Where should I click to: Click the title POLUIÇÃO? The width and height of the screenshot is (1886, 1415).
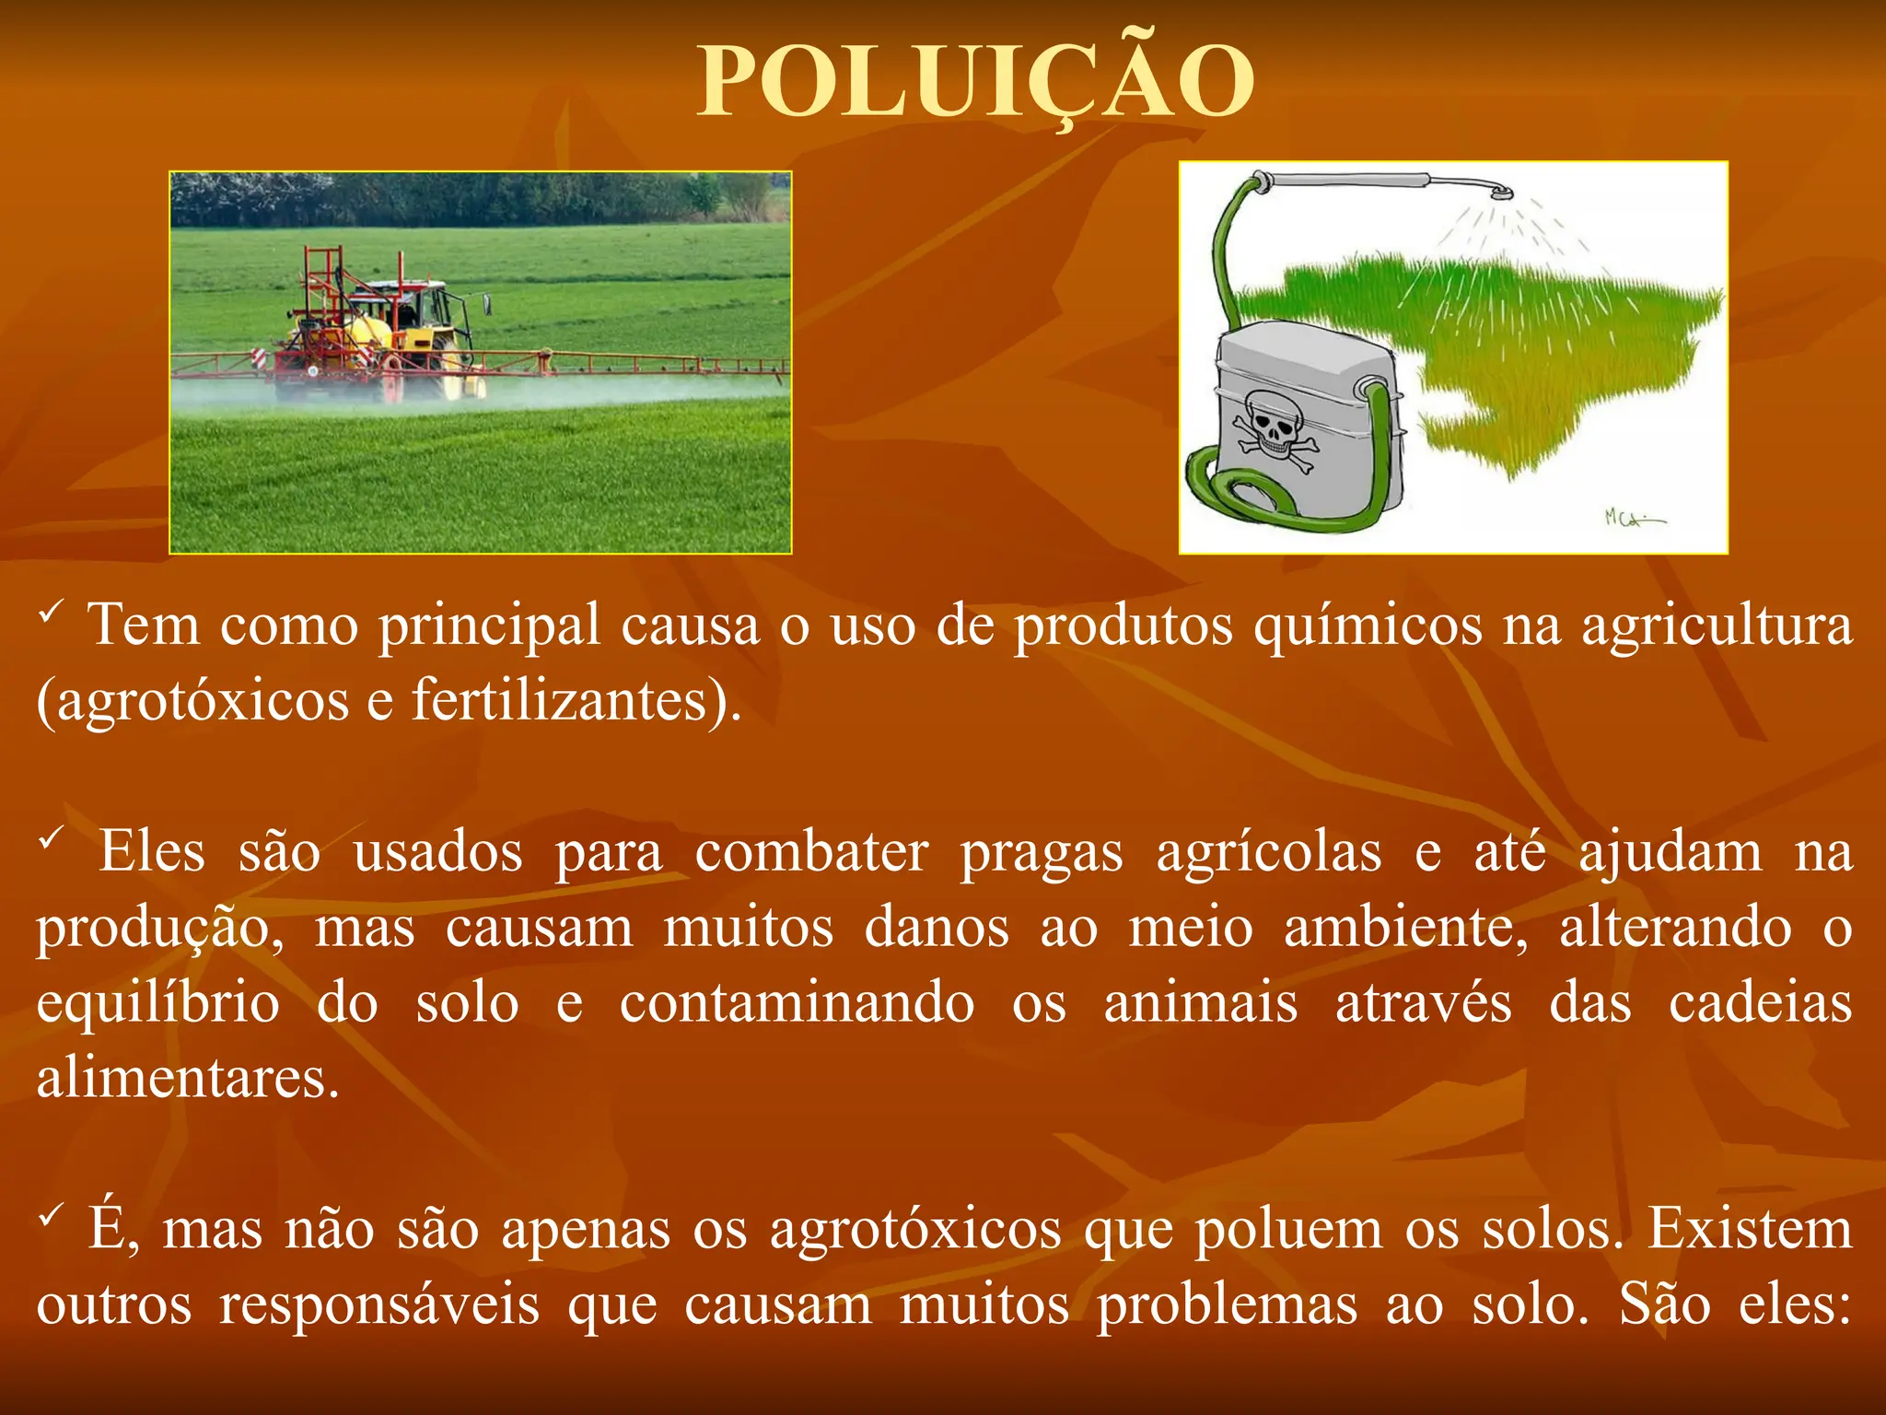[x=976, y=83]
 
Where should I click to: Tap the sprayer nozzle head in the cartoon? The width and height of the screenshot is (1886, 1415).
[x=1501, y=193]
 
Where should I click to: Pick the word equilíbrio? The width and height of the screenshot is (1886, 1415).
[x=157, y=1004]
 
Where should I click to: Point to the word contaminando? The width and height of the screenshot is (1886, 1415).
[x=797, y=1004]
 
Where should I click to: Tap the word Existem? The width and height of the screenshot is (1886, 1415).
[x=1749, y=1231]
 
